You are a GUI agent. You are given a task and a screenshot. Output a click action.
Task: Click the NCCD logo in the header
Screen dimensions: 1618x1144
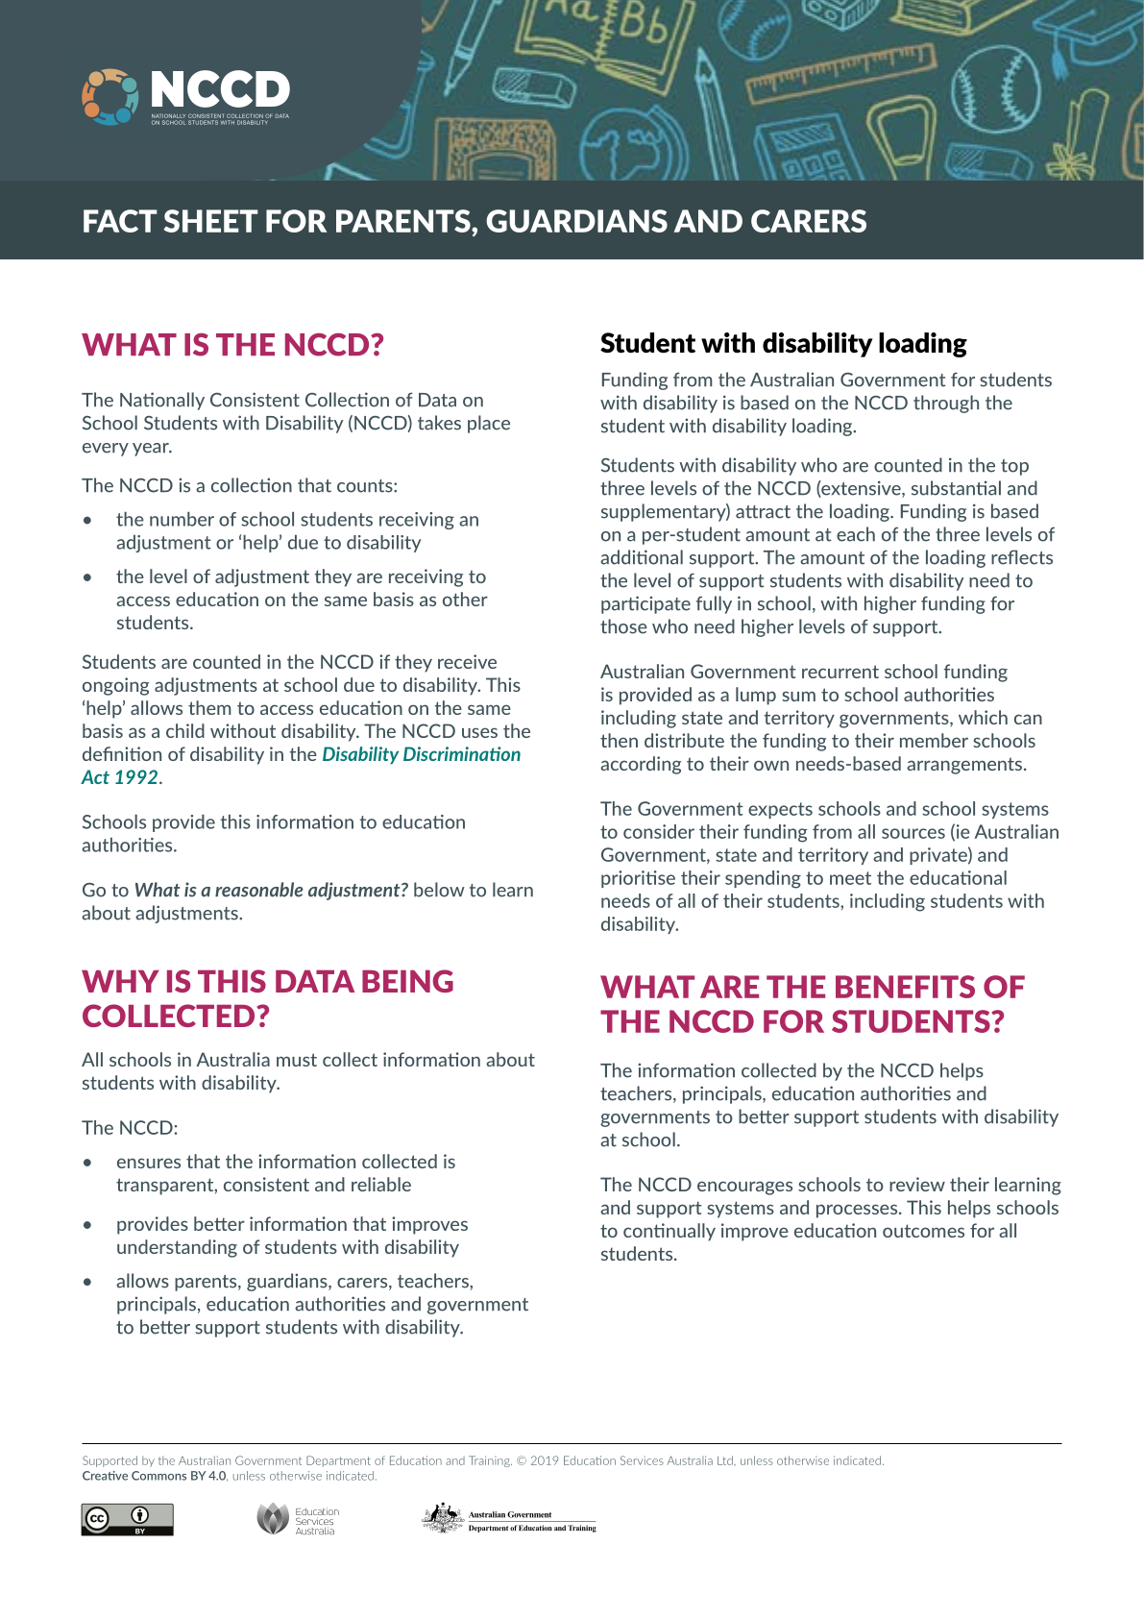(x=185, y=96)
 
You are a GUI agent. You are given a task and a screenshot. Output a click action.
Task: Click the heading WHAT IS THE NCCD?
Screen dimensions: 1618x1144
(x=232, y=345)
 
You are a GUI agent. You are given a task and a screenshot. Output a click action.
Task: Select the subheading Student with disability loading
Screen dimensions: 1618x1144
(x=783, y=344)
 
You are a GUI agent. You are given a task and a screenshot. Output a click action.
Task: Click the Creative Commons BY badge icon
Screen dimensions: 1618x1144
(x=127, y=1519)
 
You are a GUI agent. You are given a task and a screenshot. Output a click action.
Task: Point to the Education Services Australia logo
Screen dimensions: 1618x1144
(x=298, y=1520)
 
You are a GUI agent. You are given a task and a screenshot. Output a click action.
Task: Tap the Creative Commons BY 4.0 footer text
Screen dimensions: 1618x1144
(x=154, y=1477)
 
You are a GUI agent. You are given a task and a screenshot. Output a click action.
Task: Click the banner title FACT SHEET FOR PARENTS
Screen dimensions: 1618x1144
(x=474, y=222)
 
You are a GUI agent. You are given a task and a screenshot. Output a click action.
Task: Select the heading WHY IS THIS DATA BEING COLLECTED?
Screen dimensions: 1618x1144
(x=268, y=999)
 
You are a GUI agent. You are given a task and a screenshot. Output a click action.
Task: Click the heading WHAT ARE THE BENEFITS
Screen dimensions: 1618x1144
(x=812, y=1005)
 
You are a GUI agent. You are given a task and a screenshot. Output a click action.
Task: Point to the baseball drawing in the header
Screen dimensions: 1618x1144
(x=995, y=81)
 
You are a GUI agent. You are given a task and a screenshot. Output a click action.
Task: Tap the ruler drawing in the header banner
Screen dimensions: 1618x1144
(x=840, y=72)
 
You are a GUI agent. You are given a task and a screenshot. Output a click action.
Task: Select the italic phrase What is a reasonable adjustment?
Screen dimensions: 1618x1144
(x=271, y=891)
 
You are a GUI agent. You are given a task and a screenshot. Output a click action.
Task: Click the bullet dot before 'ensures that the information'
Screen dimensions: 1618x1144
(x=88, y=1163)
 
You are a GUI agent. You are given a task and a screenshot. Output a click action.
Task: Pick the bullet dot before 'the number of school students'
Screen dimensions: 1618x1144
(x=88, y=521)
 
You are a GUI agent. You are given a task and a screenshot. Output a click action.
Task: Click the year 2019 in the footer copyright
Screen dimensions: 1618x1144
(x=544, y=1461)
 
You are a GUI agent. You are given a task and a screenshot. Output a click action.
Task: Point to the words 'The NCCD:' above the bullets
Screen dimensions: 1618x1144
(x=130, y=1128)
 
